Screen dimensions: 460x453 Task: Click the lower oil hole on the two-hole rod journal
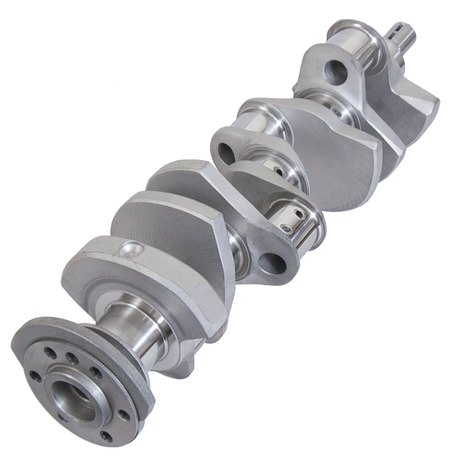pos(287,229)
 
